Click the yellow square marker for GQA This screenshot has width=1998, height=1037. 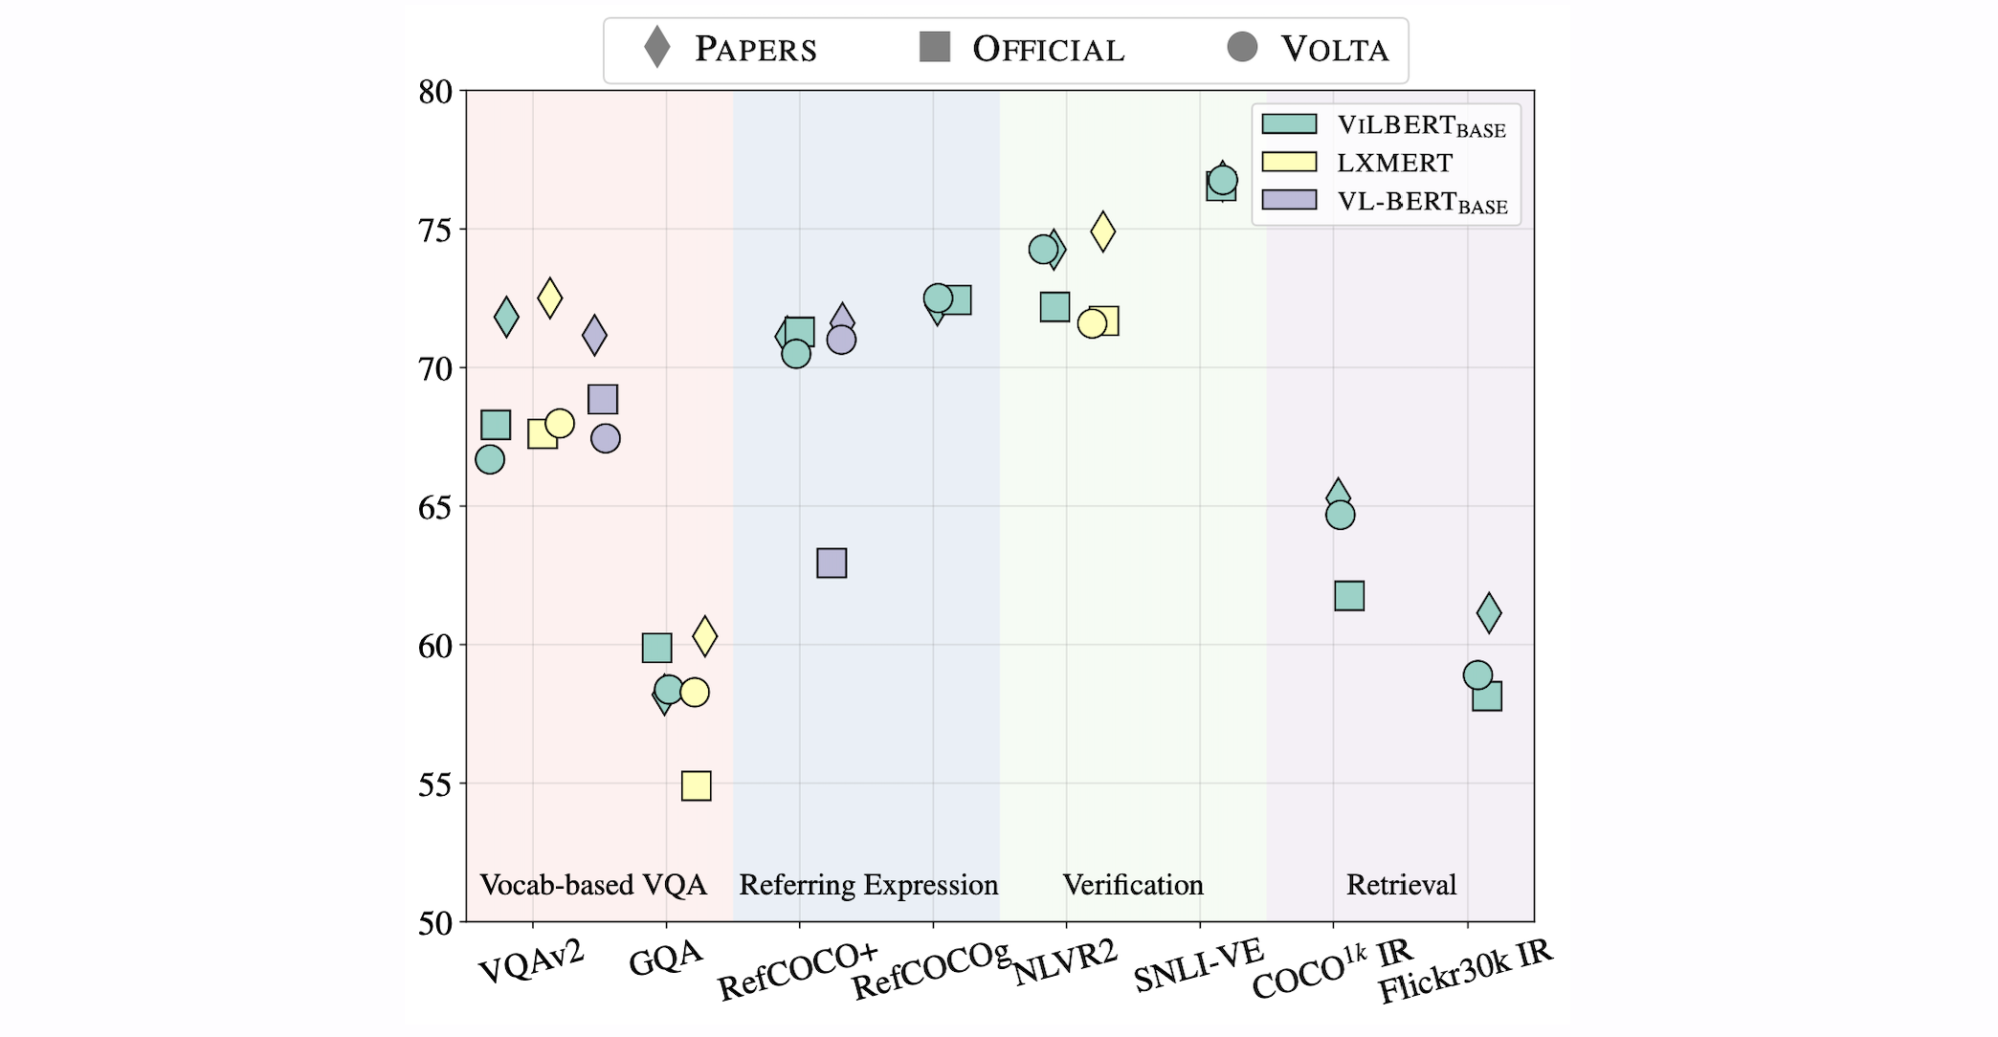point(696,786)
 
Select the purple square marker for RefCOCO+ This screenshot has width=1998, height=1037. point(832,563)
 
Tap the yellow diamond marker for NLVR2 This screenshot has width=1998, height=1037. point(1103,232)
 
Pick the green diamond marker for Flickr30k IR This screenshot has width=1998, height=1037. point(1489,613)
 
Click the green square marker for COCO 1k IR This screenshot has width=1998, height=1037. point(1348,596)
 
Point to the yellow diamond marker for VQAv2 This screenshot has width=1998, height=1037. point(549,298)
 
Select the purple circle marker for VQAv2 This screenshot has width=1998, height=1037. point(606,439)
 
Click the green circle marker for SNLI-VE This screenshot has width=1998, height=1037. point(1223,180)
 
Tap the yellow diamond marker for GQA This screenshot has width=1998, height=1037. point(704,635)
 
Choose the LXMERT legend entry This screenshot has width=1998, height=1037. point(1393,163)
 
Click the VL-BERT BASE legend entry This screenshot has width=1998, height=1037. point(1421,202)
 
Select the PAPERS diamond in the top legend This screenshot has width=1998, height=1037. point(656,48)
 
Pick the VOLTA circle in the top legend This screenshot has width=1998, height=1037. point(1242,47)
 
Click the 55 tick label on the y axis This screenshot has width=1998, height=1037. point(435,784)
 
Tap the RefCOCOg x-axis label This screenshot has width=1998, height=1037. point(930,970)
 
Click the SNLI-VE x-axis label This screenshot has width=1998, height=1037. point(1198,965)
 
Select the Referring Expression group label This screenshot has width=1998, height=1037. point(868,885)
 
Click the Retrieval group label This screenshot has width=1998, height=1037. point(1401,885)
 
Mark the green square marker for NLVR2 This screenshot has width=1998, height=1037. point(1054,307)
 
